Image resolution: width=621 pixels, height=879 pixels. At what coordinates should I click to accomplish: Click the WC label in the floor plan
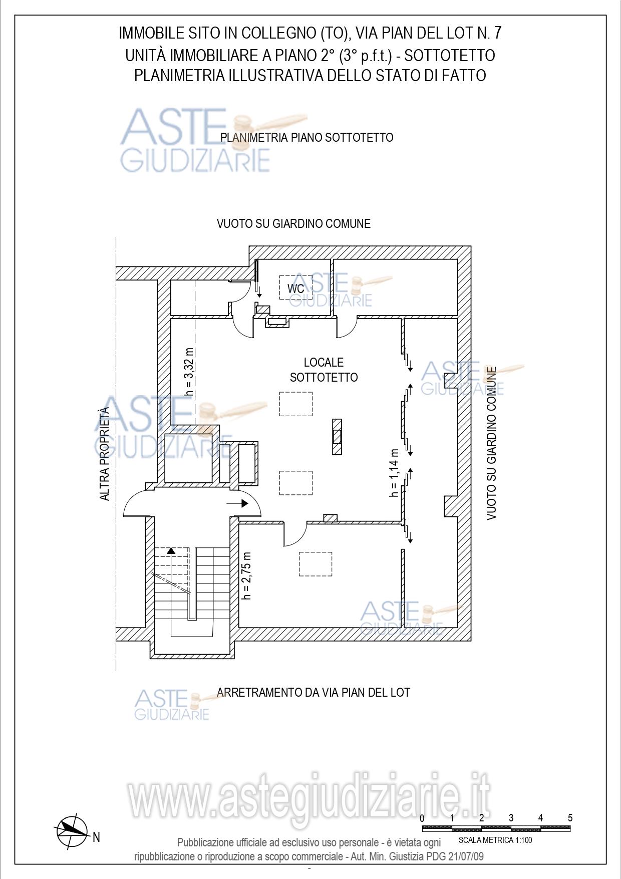(295, 288)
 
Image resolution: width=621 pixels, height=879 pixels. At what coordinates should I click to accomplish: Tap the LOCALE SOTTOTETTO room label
(324, 370)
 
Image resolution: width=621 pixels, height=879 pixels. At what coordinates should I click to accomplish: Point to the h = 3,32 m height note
(189, 372)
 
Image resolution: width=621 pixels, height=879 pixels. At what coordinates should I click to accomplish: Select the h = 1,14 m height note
(395, 473)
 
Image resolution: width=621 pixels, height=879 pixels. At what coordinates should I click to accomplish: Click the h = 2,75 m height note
(246, 575)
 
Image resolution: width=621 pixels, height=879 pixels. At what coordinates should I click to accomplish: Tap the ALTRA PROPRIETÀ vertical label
(104, 454)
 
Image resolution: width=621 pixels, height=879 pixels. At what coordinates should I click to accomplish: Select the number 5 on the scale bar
(570, 818)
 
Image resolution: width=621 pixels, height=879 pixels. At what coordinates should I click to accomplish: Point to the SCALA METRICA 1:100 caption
(495, 840)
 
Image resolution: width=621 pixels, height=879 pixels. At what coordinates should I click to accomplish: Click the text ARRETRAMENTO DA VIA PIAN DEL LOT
(314, 693)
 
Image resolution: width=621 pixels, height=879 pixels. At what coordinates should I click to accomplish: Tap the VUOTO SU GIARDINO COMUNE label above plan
(293, 224)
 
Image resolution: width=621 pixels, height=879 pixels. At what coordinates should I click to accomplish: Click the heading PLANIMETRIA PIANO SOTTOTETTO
(307, 137)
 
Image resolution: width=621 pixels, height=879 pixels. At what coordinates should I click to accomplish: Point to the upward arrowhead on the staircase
(171, 550)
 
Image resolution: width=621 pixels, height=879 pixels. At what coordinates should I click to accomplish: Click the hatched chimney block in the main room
(337, 436)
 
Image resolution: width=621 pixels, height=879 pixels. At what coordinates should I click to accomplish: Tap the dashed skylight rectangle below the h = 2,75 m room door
(316, 564)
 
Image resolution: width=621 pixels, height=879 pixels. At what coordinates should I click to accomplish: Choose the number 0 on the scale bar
(422, 818)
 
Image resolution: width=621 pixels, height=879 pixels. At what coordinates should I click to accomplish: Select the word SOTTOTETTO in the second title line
(450, 55)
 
